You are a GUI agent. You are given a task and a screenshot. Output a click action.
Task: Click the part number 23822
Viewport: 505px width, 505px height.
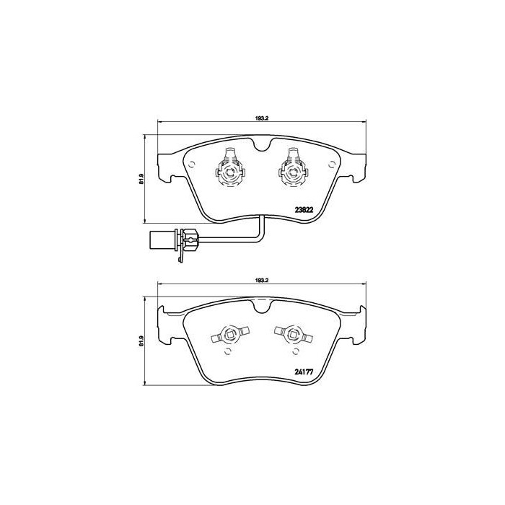[x=306, y=211]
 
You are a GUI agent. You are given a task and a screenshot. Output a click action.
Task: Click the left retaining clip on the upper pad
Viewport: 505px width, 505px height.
[x=230, y=167]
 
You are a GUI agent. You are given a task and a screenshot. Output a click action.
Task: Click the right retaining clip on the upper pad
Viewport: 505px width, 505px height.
[x=292, y=167]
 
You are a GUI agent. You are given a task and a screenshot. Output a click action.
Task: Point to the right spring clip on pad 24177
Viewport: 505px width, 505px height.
[x=291, y=333]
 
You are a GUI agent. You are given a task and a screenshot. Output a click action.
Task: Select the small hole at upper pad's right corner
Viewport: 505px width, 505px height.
[x=332, y=163]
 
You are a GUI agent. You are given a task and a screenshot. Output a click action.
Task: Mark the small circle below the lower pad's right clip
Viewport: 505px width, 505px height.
[x=294, y=351]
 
